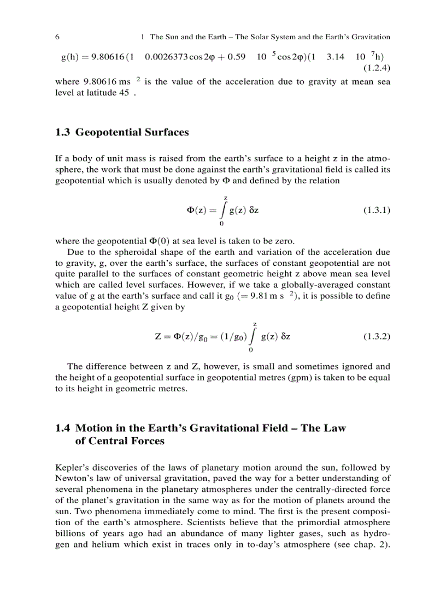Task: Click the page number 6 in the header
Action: [57, 37]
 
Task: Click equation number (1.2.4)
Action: [377, 68]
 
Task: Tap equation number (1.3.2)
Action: [377, 336]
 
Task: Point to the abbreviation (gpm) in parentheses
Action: [253, 378]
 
